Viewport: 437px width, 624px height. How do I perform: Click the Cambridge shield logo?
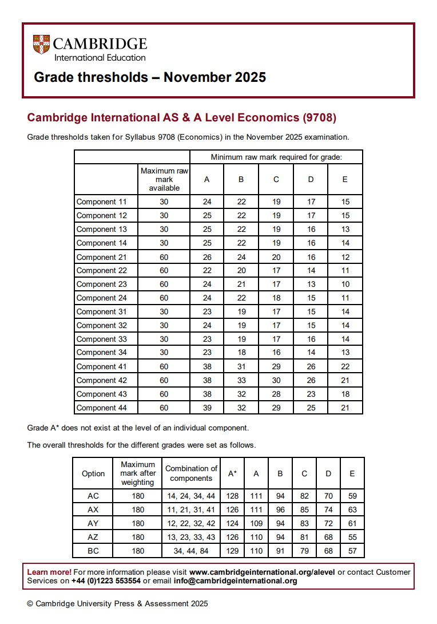click(x=41, y=44)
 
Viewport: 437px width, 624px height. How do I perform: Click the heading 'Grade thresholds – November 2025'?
click(x=150, y=77)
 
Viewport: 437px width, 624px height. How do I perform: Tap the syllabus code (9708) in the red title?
click(x=318, y=118)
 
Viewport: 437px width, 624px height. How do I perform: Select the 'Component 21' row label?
click(x=102, y=256)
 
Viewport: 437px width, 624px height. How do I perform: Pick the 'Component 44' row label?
click(x=102, y=408)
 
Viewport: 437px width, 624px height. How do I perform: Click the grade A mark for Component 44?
click(x=207, y=408)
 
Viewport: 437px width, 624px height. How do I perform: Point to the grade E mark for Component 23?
click(x=345, y=284)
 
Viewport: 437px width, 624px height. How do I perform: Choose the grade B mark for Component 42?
click(x=241, y=380)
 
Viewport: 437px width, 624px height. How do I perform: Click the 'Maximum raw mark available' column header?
click(x=164, y=179)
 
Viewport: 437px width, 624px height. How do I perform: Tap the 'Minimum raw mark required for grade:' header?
click(x=276, y=157)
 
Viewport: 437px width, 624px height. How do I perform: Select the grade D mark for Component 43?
click(x=311, y=394)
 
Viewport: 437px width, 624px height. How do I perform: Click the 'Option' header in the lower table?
click(x=93, y=473)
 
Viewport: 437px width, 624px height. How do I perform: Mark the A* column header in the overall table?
click(x=232, y=473)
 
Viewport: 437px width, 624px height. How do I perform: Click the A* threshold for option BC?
click(x=232, y=551)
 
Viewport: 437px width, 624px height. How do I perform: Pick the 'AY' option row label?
click(x=93, y=523)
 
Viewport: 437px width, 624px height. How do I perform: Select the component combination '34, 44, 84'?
click(x=191, y=551)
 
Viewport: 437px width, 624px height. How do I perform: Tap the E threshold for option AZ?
click(x=352, y=537)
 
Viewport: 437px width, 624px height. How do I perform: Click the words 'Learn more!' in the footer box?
click(x=49, y=572)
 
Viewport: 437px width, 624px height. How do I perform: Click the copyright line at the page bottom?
click(x=117, y=603)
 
